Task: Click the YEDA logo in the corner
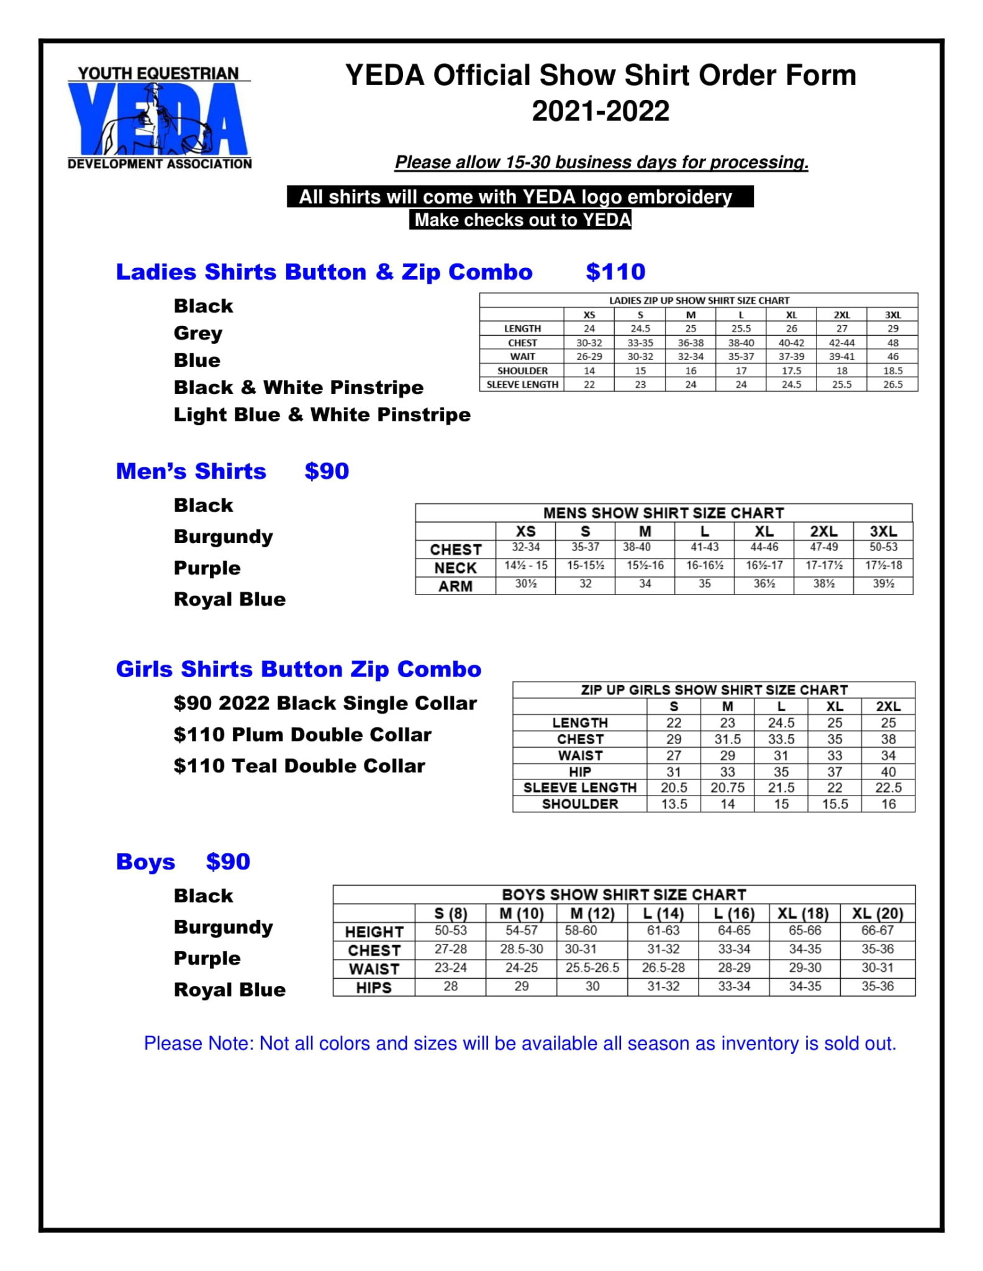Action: pos(160,118)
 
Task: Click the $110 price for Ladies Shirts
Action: pos(615,272)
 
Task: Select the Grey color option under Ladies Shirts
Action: pos(197,333)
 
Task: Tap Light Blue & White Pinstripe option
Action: pos(322,415)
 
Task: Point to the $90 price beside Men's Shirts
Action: pos(327,471)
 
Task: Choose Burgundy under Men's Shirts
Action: pos(223,537)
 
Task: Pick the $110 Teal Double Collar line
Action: pos(299,766)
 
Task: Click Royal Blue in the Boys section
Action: pos(229,989)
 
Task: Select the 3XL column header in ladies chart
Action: pos(892,315)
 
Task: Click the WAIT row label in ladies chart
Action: pos(522,357)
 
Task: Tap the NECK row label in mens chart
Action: pos(455,568)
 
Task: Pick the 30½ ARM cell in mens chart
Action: pos(525,584)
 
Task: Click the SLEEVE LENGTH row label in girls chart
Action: pos(579,788)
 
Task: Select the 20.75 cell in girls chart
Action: pos(727,788)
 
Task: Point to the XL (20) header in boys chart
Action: pos(877,914)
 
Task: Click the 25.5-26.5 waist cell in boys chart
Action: pos(592,968)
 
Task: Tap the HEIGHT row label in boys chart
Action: pos(374,932)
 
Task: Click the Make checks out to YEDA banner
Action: pos(520,220)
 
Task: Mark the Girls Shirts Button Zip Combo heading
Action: pos(299,669)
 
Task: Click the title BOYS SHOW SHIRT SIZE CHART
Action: pos(623,894)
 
